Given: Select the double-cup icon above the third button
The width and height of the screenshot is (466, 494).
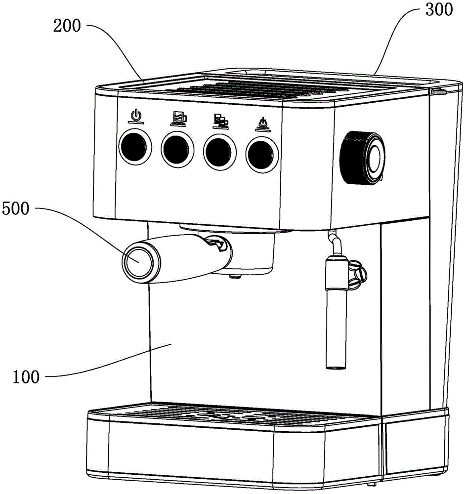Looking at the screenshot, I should (220, 119).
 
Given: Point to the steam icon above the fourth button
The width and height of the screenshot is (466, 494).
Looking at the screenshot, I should (261, 122).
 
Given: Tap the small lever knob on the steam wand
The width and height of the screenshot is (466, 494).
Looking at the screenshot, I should (359, 272).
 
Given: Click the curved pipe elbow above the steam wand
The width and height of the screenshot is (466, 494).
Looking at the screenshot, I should (336, 242).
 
